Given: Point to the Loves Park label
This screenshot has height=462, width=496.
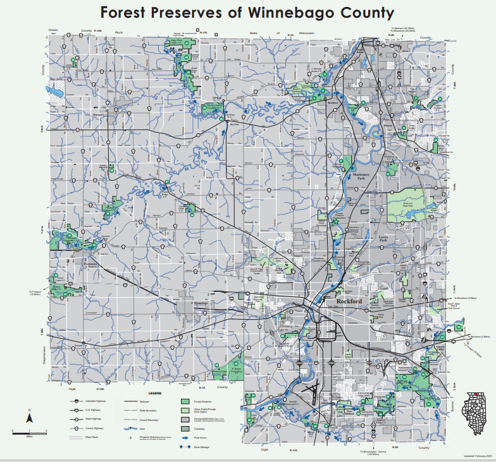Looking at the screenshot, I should point(382,239).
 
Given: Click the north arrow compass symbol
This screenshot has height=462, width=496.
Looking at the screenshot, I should point(29,417).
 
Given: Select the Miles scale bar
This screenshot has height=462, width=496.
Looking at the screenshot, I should point(29,432).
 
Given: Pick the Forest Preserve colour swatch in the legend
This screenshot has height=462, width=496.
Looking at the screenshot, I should point(185,401).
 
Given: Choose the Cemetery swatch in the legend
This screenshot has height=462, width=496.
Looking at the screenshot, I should point(185,428).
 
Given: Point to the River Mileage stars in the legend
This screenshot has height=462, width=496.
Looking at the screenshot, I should point(185,446).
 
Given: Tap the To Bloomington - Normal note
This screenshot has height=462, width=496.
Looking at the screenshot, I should point(380,452).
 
